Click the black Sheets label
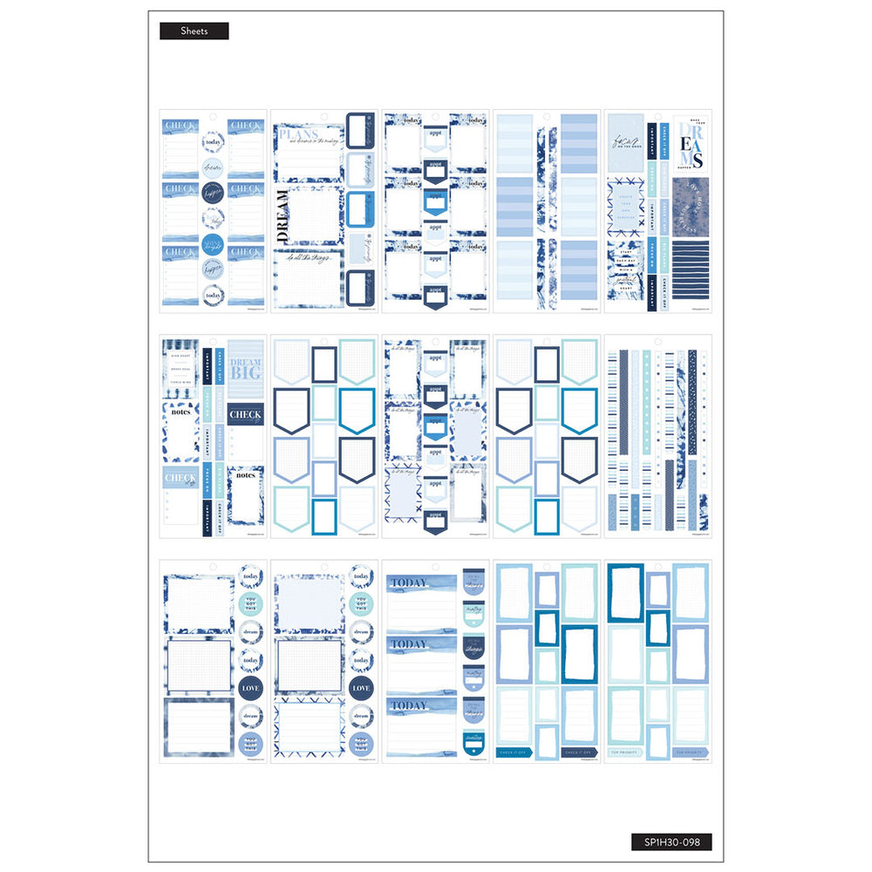(x=194, y=31)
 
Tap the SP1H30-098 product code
(x=671, y=842)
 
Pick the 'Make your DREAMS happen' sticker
(x=691, y=143)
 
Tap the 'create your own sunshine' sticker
(x=624, y=209)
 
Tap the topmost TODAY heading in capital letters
(x=409, y=582)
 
